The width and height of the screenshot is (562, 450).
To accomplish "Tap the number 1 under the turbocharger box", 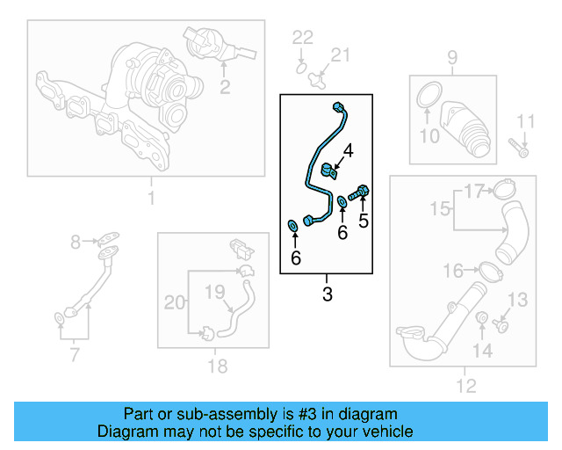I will click(x=150, y=198).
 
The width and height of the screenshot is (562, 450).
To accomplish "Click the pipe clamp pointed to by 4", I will click(x=328, y=170).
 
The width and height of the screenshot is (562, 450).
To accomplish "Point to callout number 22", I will click(x=302, y=37).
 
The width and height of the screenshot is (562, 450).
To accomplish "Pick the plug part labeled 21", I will click(x=319, y=76).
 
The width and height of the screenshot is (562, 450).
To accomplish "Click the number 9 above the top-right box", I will click(x=452, y=59).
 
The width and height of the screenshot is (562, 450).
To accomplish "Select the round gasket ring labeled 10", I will click(x=426, y=96).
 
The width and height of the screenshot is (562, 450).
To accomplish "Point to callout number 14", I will click(x=481, y=351).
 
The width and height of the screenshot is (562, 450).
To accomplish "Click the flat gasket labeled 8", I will click(x=109, y=237).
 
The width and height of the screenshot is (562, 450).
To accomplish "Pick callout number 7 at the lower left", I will click(x=74, y=355).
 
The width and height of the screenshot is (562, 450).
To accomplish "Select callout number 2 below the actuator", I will click(x=225, y=86).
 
